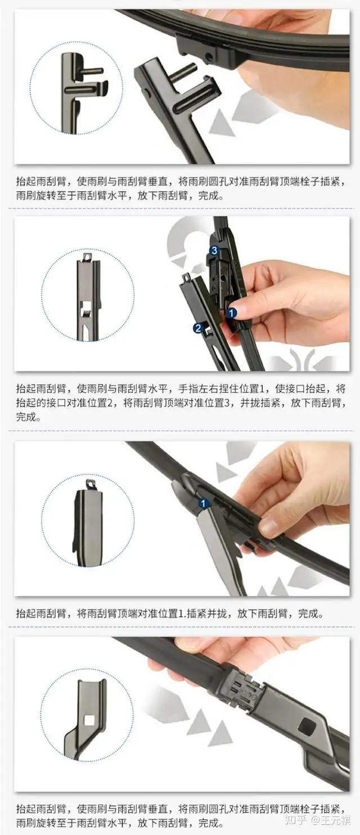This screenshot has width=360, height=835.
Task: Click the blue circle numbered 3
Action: coord(214,251)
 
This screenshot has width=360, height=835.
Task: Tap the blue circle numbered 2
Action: coord(198,328)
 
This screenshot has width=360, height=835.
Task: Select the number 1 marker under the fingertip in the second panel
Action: coord(231,313)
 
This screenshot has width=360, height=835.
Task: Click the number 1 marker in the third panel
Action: coord(203,504)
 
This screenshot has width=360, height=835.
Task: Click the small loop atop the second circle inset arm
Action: coord(87,257)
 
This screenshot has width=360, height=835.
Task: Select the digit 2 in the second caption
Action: coord(110,403)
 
